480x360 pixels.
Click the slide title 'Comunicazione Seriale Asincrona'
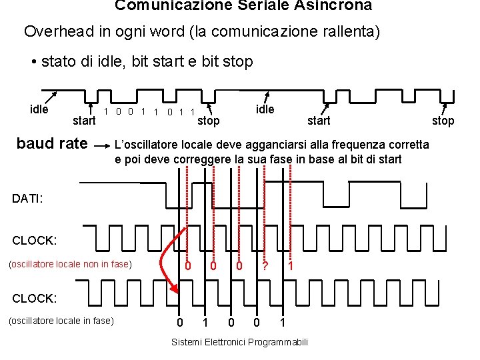243,6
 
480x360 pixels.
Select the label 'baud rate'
52,143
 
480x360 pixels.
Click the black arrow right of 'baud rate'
102,144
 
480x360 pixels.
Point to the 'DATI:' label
27,198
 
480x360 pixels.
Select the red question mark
265,266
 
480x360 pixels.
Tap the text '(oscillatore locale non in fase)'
70,264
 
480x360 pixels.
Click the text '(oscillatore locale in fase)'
61,321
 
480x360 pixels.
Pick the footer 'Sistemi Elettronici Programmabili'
240,342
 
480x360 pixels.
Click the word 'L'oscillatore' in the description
147,145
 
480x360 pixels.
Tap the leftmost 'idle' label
39,109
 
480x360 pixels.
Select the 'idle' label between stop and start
265,109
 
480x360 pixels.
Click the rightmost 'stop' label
443,121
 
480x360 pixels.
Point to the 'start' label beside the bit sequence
84,121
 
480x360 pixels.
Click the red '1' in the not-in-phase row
290,266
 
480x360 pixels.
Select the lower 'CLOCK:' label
35,296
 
